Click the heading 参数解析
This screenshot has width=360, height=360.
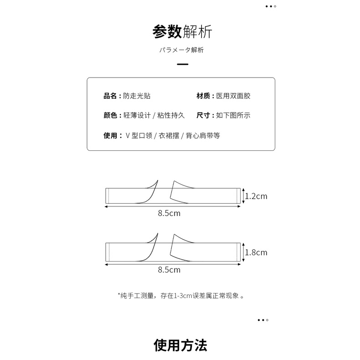tap(182, 32)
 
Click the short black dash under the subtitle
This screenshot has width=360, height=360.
tap(182, 64)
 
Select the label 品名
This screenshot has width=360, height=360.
tap(111, 96)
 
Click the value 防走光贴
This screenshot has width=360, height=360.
tap(137, 96)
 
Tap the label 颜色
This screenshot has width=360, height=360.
tap(111, 116)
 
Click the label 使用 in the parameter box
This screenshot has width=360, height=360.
tap(111, 135)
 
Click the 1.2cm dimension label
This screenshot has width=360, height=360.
tap(256, 196)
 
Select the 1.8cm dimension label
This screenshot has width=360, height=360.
tap(256, 252)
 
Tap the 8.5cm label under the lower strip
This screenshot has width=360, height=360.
tap(169, 270)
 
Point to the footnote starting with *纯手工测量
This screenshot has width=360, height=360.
tap(181, 296)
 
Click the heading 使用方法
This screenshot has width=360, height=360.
tap(180, 345)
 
